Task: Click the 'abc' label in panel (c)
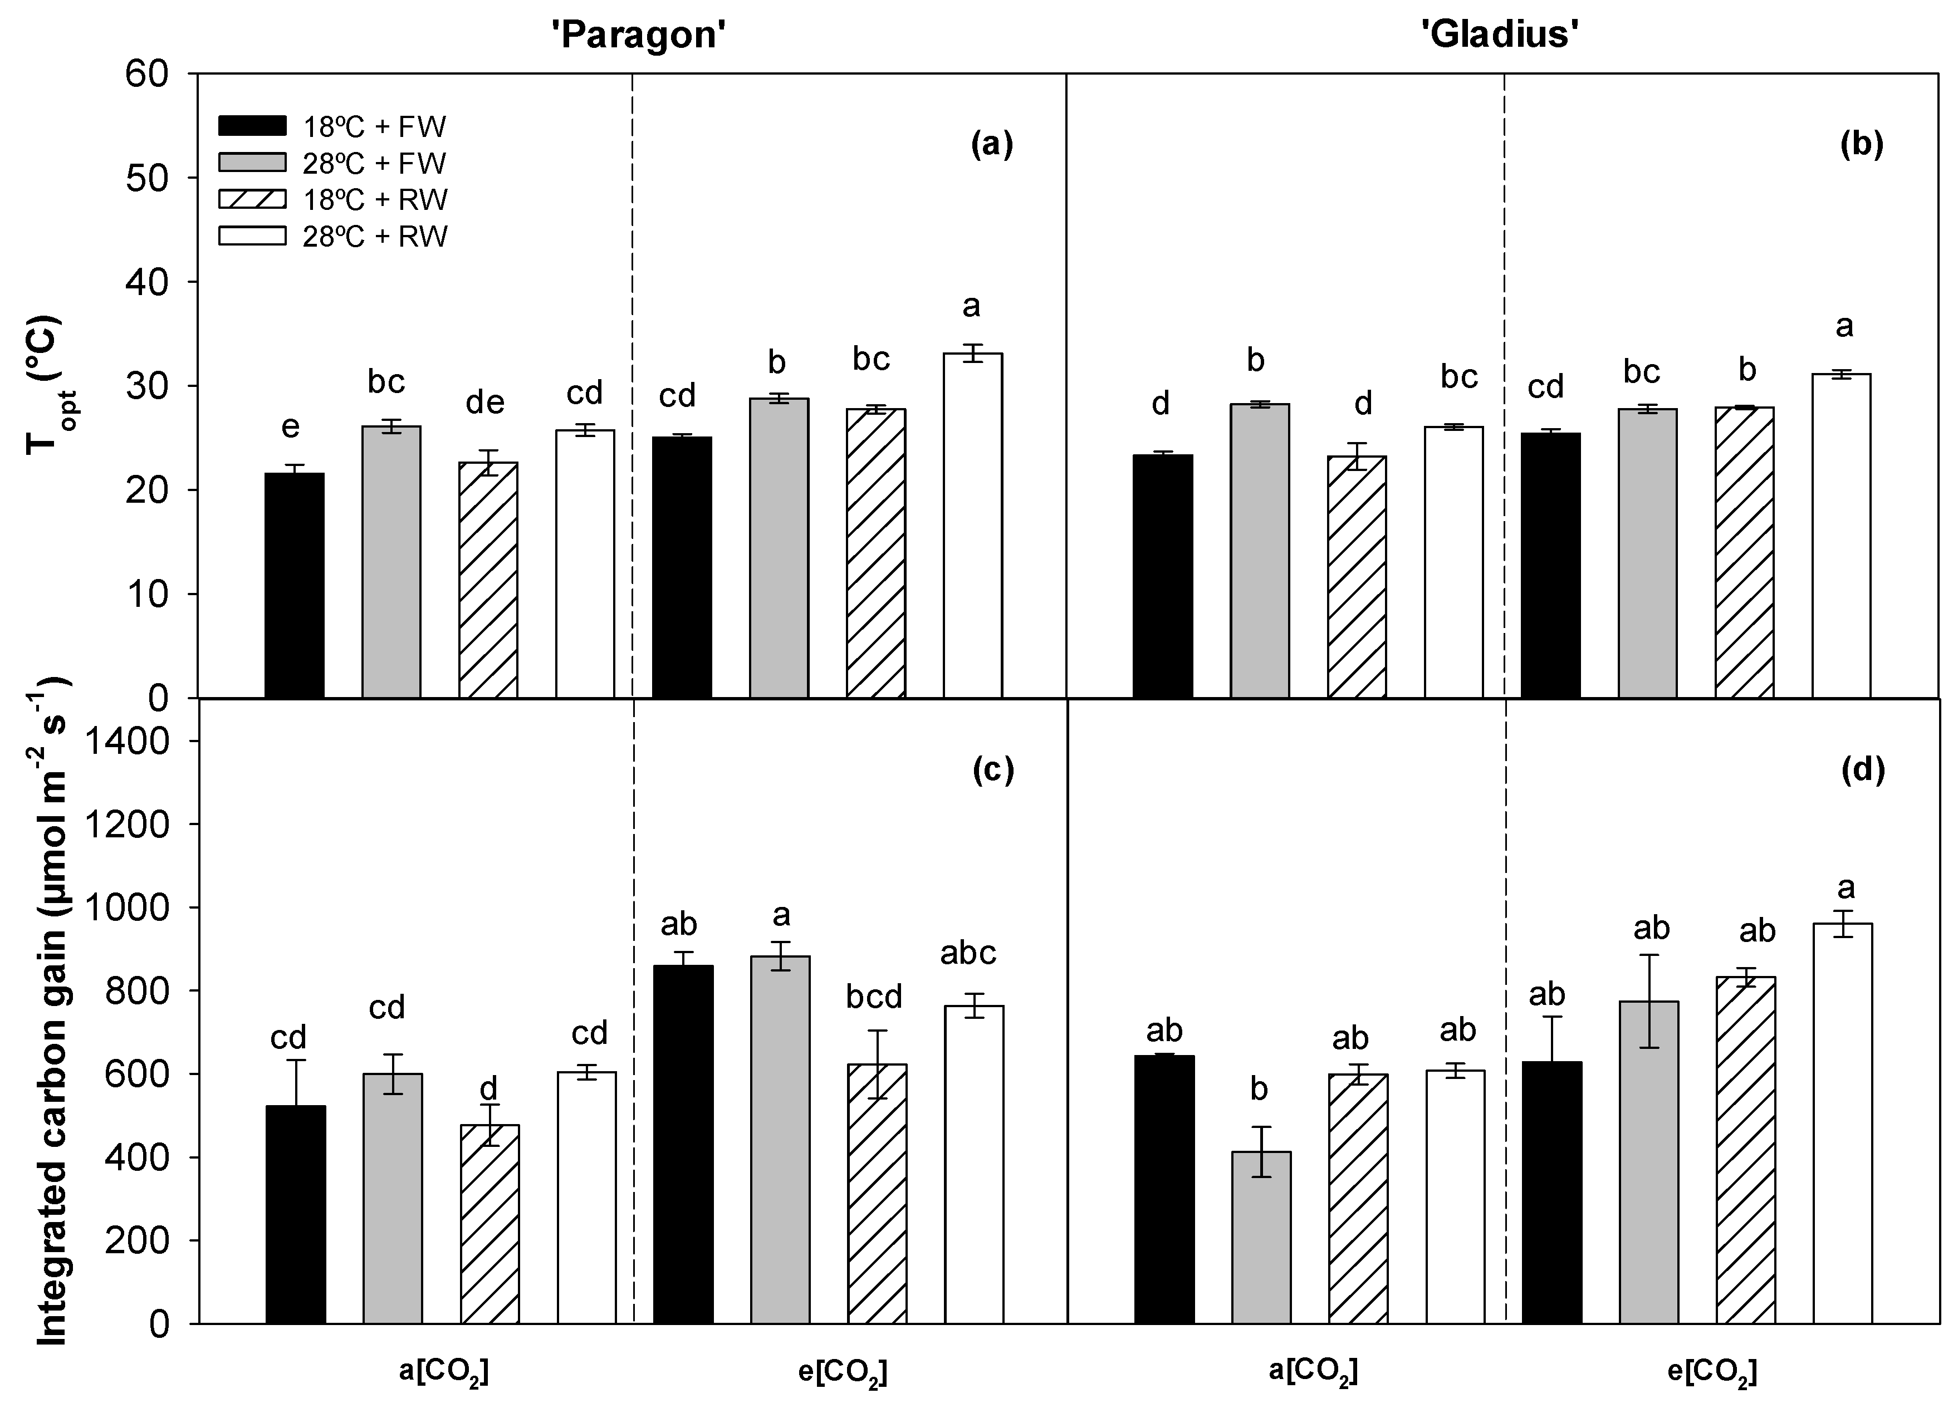point(968,953)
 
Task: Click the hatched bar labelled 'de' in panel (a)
point(488,580)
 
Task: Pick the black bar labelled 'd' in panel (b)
point(1162,576)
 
